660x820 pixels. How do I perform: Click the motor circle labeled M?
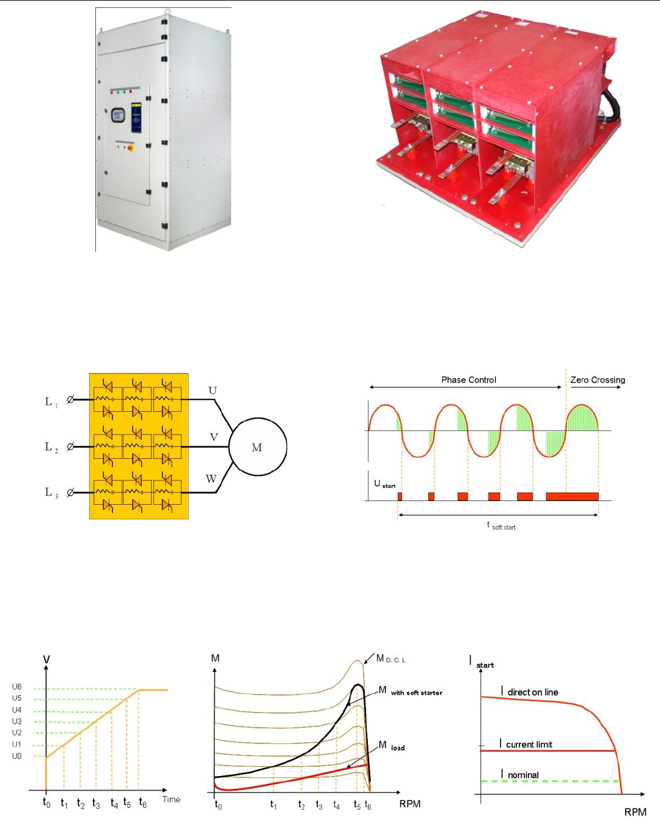click(257, 447)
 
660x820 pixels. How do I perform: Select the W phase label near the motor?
click(211, 479)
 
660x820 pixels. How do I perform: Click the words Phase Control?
click(469, 380)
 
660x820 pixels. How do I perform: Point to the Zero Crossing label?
click(598, 380)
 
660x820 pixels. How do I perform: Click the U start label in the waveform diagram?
click(384, 484)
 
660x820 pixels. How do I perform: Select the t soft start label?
click(502, 526)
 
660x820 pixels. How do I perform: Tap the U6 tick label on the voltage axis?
click(16, 687)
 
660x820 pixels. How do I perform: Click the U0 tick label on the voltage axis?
click(16, 756)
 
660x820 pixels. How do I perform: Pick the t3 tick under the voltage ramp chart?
click(96, 804)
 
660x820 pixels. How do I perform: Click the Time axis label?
click(171, 799)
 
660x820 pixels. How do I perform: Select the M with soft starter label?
click(410, 692)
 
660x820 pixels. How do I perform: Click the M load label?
click(392, 746)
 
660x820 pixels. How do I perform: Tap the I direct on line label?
click(529, 692)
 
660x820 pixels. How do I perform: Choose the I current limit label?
click(526, 744)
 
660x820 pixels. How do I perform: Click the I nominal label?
click(520, 775)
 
